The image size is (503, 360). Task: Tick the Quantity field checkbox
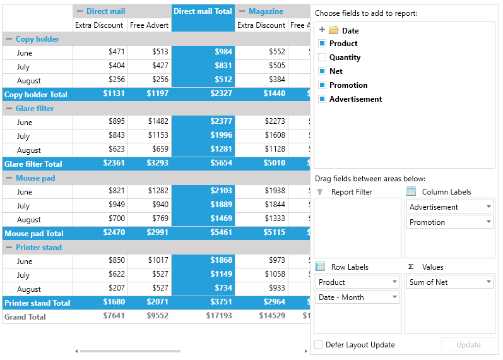322,57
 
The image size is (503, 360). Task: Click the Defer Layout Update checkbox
319,345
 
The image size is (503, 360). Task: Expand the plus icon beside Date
322,30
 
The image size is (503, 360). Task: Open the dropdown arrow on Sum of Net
488,282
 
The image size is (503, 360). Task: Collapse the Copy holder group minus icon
9,39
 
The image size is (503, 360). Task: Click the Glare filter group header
35,109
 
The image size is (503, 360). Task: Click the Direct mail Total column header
203,11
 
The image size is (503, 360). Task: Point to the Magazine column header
266,11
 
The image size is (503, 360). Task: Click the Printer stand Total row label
37,303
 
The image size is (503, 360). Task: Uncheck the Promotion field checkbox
322,85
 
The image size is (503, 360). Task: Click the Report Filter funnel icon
319,192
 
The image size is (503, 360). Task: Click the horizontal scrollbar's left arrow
76,351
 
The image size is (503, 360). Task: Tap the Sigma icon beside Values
411,267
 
